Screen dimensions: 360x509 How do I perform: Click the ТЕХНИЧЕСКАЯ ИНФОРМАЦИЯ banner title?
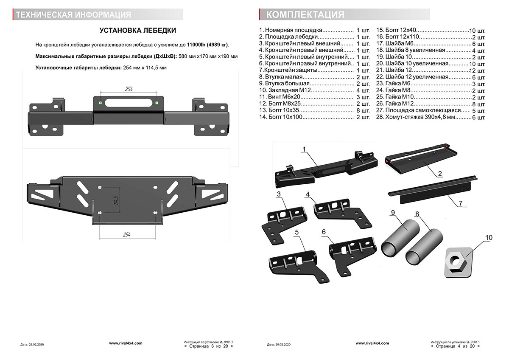pos(73,15)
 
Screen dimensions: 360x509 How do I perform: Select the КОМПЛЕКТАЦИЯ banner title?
pos(305,15)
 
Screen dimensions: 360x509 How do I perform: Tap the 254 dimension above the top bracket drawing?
pos(129,89)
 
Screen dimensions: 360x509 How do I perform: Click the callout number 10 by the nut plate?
pos(489,238)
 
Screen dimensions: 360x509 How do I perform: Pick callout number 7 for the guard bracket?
pos(460,203)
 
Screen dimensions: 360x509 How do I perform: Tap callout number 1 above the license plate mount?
pos(304,149)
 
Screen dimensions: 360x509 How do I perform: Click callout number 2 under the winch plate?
pos(440,173)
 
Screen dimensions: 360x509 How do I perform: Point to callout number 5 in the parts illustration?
pos(297,232)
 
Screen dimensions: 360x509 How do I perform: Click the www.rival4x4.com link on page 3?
pos(126,343)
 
